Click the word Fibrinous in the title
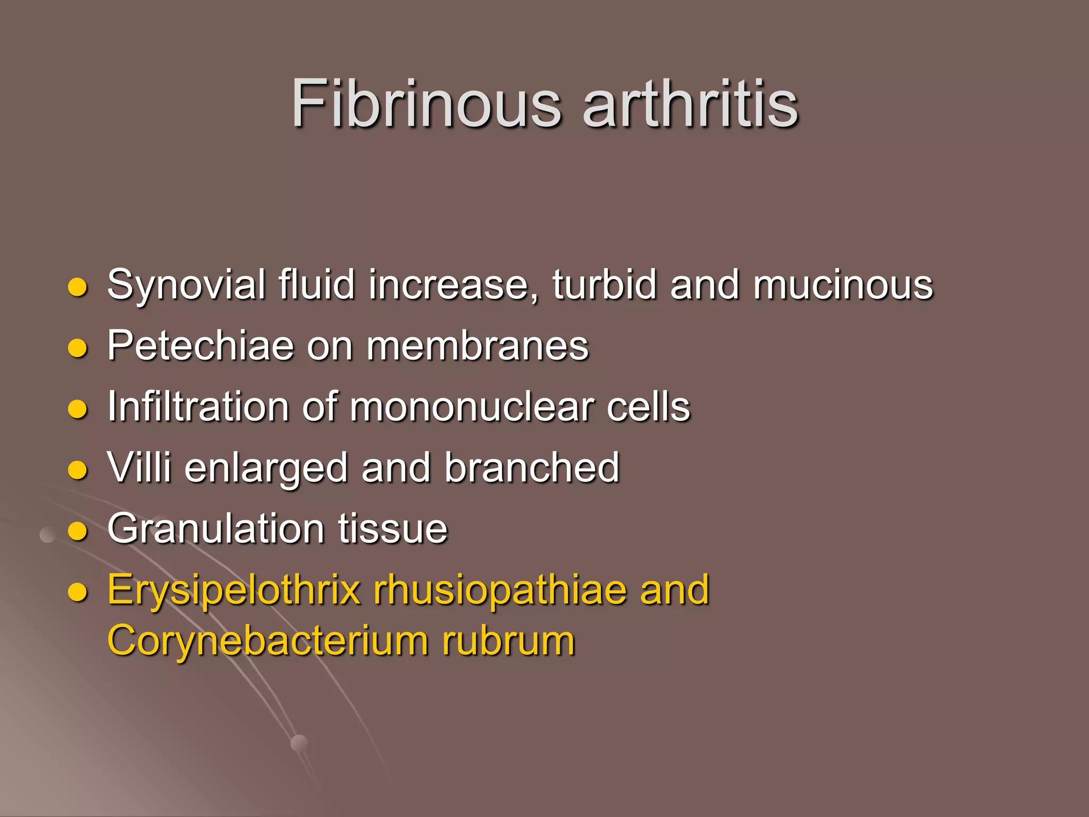tap(426, 103)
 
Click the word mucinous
tap(843, 285)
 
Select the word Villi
tap(139, 468)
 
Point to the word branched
tap(532, 468)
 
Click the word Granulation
tap(216, 529)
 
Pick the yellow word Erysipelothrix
tap(234, 590)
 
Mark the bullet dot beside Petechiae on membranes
tap(78, 348)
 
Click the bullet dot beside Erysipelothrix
tap(78, 592)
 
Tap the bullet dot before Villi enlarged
tap(78, 470)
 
